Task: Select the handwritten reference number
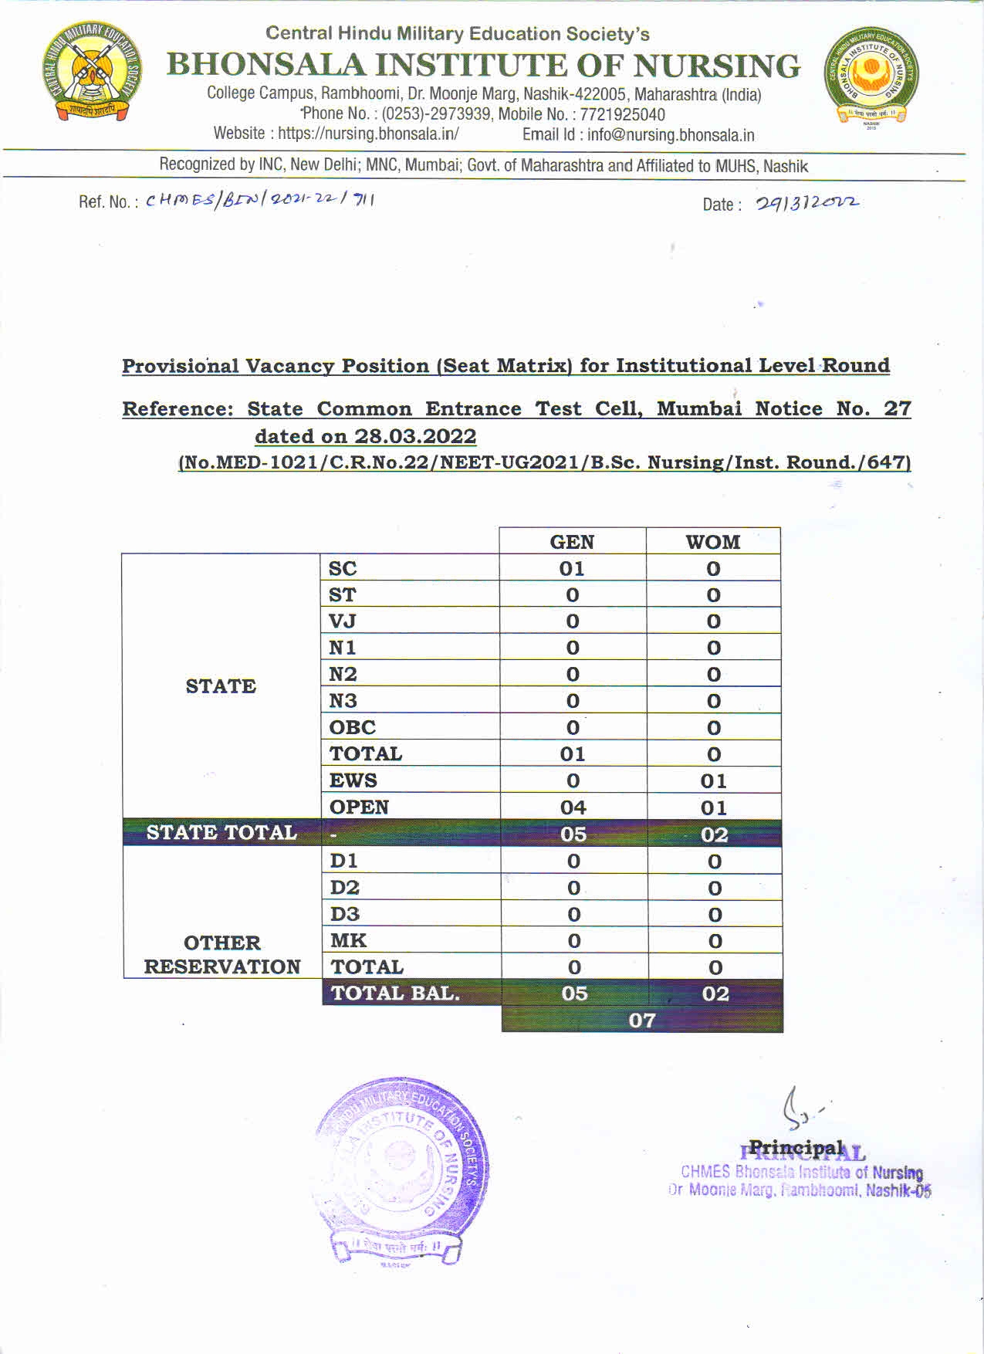click(260, 201)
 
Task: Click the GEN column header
click(572, 542)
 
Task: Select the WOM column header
click(712, 542)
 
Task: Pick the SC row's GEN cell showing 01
click(572, 569)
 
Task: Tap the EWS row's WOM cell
click(713, 781)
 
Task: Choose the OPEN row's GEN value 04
click(573, 807)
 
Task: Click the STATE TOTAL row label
click(221, 833)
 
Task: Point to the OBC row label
click(353, 727)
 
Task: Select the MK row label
click(348, 940)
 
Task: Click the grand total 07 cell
click(642, 1021)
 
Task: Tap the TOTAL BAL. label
click(395, 993)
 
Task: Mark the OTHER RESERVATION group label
click(222, 954)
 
